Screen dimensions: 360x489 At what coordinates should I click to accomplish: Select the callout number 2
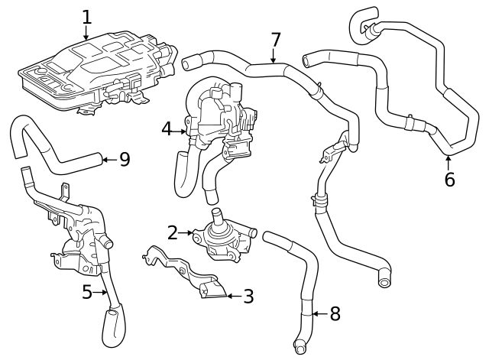(173, 232)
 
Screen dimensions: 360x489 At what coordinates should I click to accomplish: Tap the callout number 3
(248, 297)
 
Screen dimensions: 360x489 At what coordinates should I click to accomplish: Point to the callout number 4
(167, 129)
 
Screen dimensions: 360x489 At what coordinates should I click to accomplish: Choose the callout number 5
(88, 291)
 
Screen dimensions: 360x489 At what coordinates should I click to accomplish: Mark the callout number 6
(449, 180)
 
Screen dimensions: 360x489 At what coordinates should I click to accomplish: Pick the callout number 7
(276, 40)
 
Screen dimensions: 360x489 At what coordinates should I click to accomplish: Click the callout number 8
(335, 314)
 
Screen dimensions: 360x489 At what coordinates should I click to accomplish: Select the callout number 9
(124, 160)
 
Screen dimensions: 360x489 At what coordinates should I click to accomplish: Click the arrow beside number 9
(108, 160)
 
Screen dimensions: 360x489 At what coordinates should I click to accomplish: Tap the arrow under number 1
(86, 33)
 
